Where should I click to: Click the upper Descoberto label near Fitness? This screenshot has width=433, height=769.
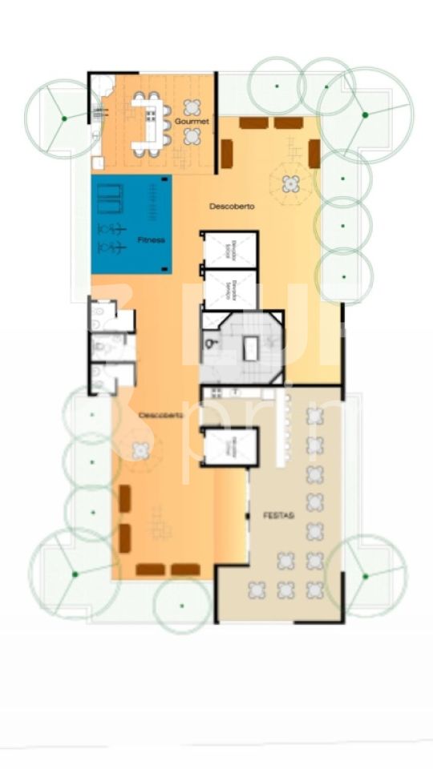[x=232, y=206]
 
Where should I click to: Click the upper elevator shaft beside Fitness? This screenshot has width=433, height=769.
[x=229, y=251]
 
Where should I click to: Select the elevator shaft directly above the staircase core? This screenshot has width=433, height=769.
[x=229, y=290]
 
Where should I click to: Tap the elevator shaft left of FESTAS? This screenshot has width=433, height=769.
[x=229, y=447]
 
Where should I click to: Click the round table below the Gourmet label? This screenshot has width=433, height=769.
[x=192, y=137]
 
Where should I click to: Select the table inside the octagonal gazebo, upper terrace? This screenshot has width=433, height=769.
[x=290, y=183]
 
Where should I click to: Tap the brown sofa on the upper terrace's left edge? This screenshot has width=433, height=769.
[x=227, y=153]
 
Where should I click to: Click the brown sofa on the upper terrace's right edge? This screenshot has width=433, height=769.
[x=314, y=153]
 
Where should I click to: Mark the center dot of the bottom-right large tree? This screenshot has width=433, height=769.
[x=365, y=575]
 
